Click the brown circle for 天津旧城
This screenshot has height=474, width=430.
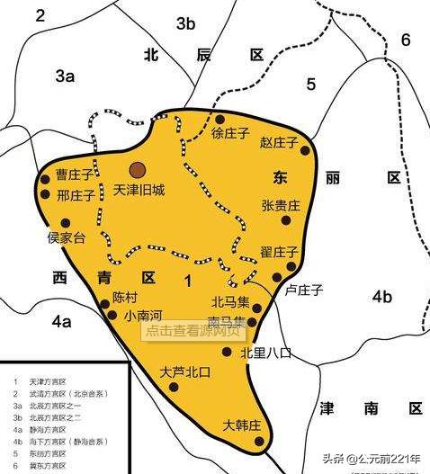137,169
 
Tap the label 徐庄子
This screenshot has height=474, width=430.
229,134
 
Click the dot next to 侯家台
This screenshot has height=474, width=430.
64,223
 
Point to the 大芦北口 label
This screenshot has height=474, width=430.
184,371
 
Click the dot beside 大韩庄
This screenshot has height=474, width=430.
256,441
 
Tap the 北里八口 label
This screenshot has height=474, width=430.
266,353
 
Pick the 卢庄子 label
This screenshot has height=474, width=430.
303,290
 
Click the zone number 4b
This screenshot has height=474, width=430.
382,297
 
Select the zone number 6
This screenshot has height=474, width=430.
405,40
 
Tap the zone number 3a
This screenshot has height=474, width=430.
64,77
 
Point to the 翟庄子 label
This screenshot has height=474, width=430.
279,251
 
